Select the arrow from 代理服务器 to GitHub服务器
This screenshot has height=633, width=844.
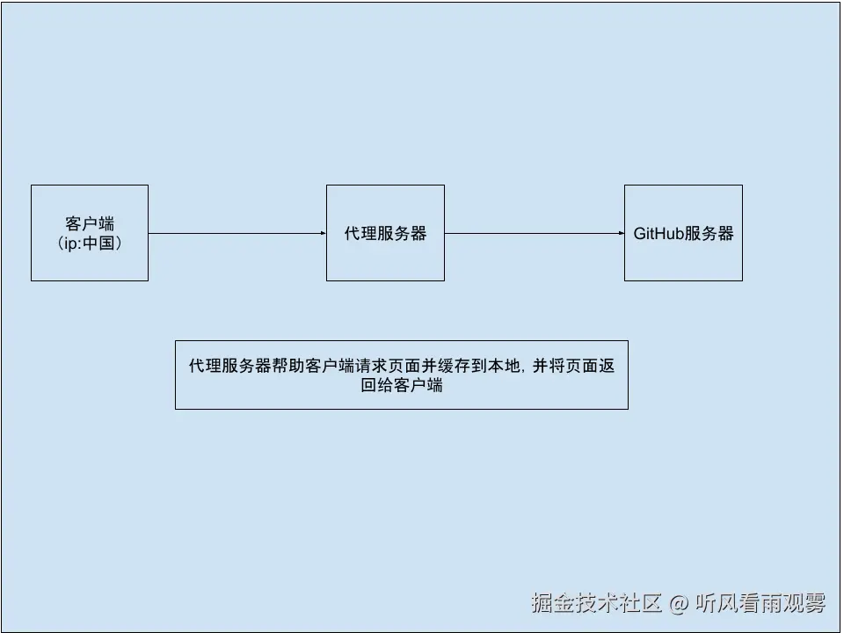tap(533, 233)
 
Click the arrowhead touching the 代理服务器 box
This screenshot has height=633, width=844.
tap(322, 233)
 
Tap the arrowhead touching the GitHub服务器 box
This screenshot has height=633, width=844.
tap(620, 233)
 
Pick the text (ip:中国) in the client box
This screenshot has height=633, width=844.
tap(89, 243)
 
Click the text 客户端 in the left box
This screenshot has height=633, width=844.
tap(90, 223)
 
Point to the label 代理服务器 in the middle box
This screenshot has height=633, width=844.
tap(385, 234)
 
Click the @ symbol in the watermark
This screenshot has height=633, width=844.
tap(678, 604)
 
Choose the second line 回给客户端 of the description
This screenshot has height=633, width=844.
tap(401, 385)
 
